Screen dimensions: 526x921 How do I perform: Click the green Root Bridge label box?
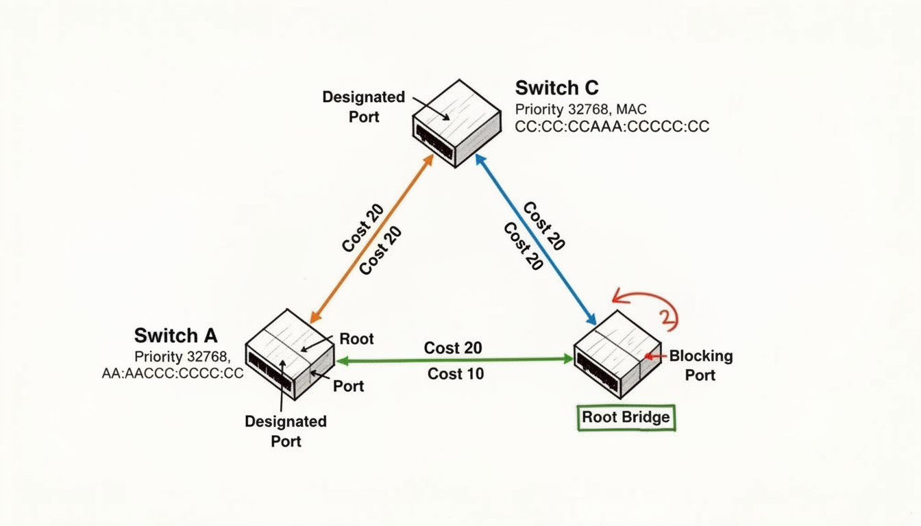click(x=626, y=417)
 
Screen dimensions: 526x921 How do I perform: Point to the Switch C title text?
click(x=556, y=88)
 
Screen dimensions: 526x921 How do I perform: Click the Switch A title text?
click(x=175, y=336)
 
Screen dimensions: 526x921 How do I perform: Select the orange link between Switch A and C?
click(x=372, y=238)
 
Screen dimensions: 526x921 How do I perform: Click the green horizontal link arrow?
click(x=452, y=359)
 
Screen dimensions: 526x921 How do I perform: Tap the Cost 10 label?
click(x=456, y=374)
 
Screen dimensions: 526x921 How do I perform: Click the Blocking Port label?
click(x=700, y=365)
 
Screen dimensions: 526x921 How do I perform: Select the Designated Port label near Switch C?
click(x=364, y=107)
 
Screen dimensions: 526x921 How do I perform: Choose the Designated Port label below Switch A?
click(x=286, y=431)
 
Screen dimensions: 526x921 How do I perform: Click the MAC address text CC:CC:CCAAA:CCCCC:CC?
click(x=612, y=127)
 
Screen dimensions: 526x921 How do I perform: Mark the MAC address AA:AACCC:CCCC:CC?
click(x=172, y=374)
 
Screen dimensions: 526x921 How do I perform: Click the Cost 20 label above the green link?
click(x=453, y=348)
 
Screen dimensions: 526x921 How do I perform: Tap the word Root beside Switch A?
click(x=357, y=339)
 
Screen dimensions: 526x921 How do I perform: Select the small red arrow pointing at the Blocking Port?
click(x=656, y=356)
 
